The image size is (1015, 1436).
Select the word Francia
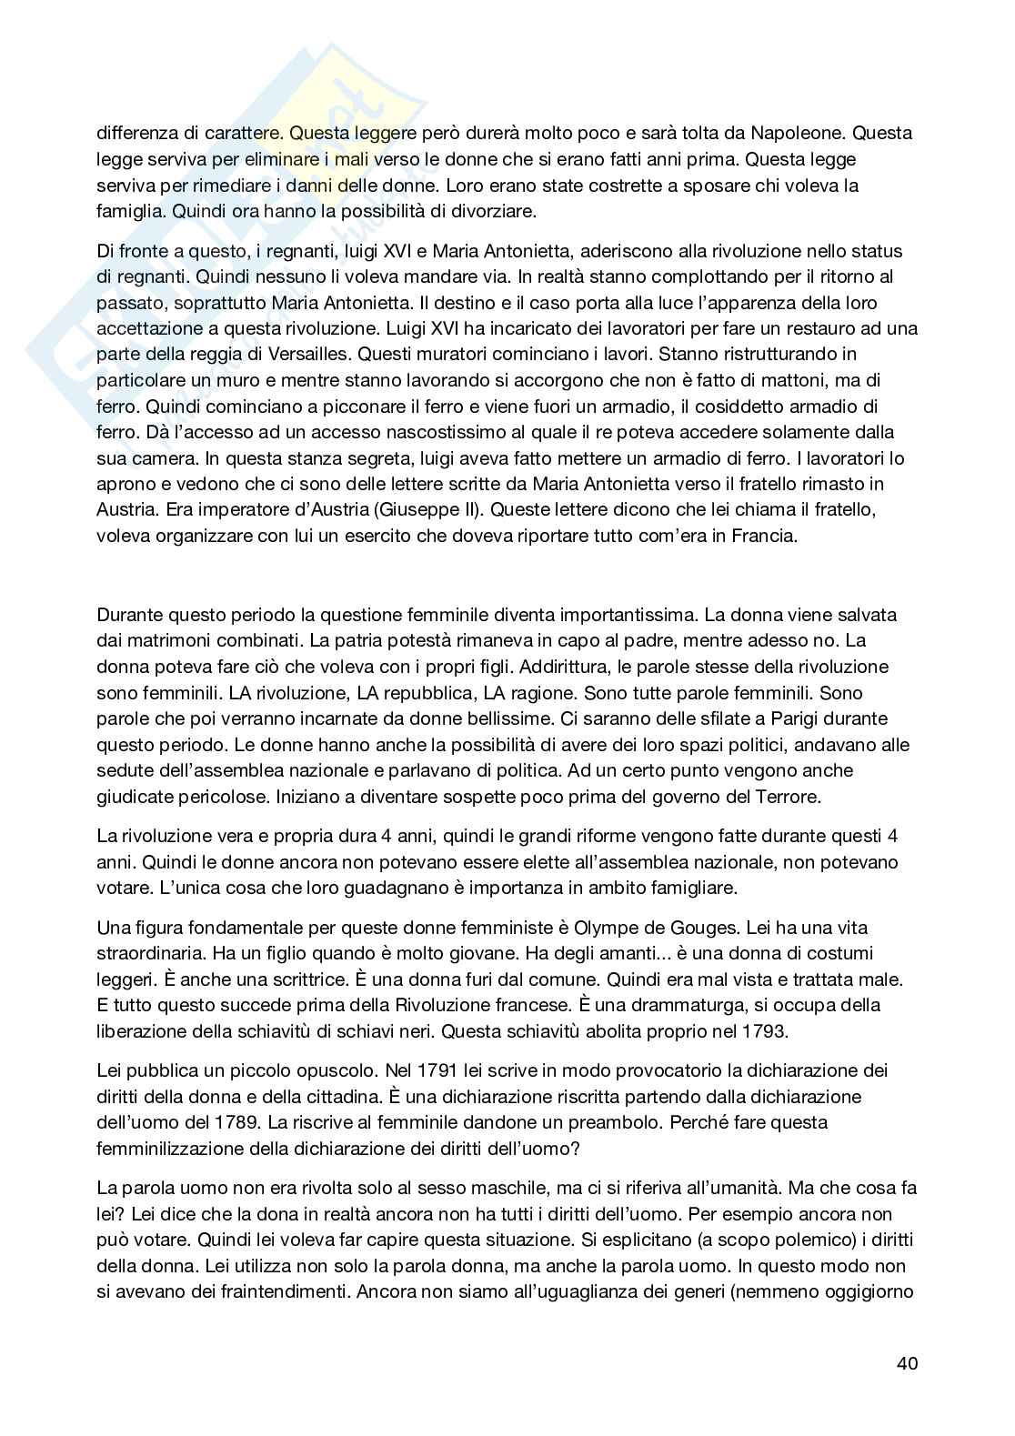click(x=766, y=536)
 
